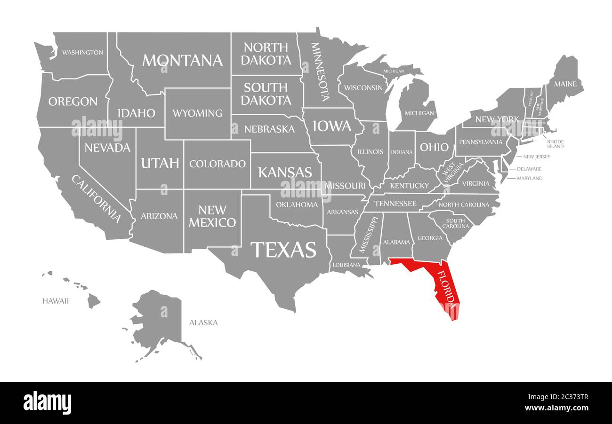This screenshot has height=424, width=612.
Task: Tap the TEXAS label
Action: click(283, 250)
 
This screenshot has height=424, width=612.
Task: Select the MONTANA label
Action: click(182, 60)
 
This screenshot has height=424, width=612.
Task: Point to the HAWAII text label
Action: click(56, 301)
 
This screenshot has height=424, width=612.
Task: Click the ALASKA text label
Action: click(203, 322)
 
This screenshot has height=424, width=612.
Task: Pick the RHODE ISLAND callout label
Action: click(555, 144)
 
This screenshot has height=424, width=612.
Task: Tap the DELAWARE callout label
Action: click(529, 169)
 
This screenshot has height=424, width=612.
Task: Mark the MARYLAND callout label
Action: click(530, 178)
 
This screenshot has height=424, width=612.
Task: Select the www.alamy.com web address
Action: click(556, 408)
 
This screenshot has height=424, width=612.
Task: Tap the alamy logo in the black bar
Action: click(47, 403)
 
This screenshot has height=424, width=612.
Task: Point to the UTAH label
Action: click(160, 163)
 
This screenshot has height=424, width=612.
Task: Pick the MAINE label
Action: click(564, 84)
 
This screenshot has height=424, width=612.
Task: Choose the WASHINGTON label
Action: click(82, 52)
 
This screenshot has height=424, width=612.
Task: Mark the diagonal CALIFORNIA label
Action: click(97, 198)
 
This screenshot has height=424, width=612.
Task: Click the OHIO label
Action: click(434, 147)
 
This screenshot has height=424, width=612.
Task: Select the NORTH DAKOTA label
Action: click(267, 54)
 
